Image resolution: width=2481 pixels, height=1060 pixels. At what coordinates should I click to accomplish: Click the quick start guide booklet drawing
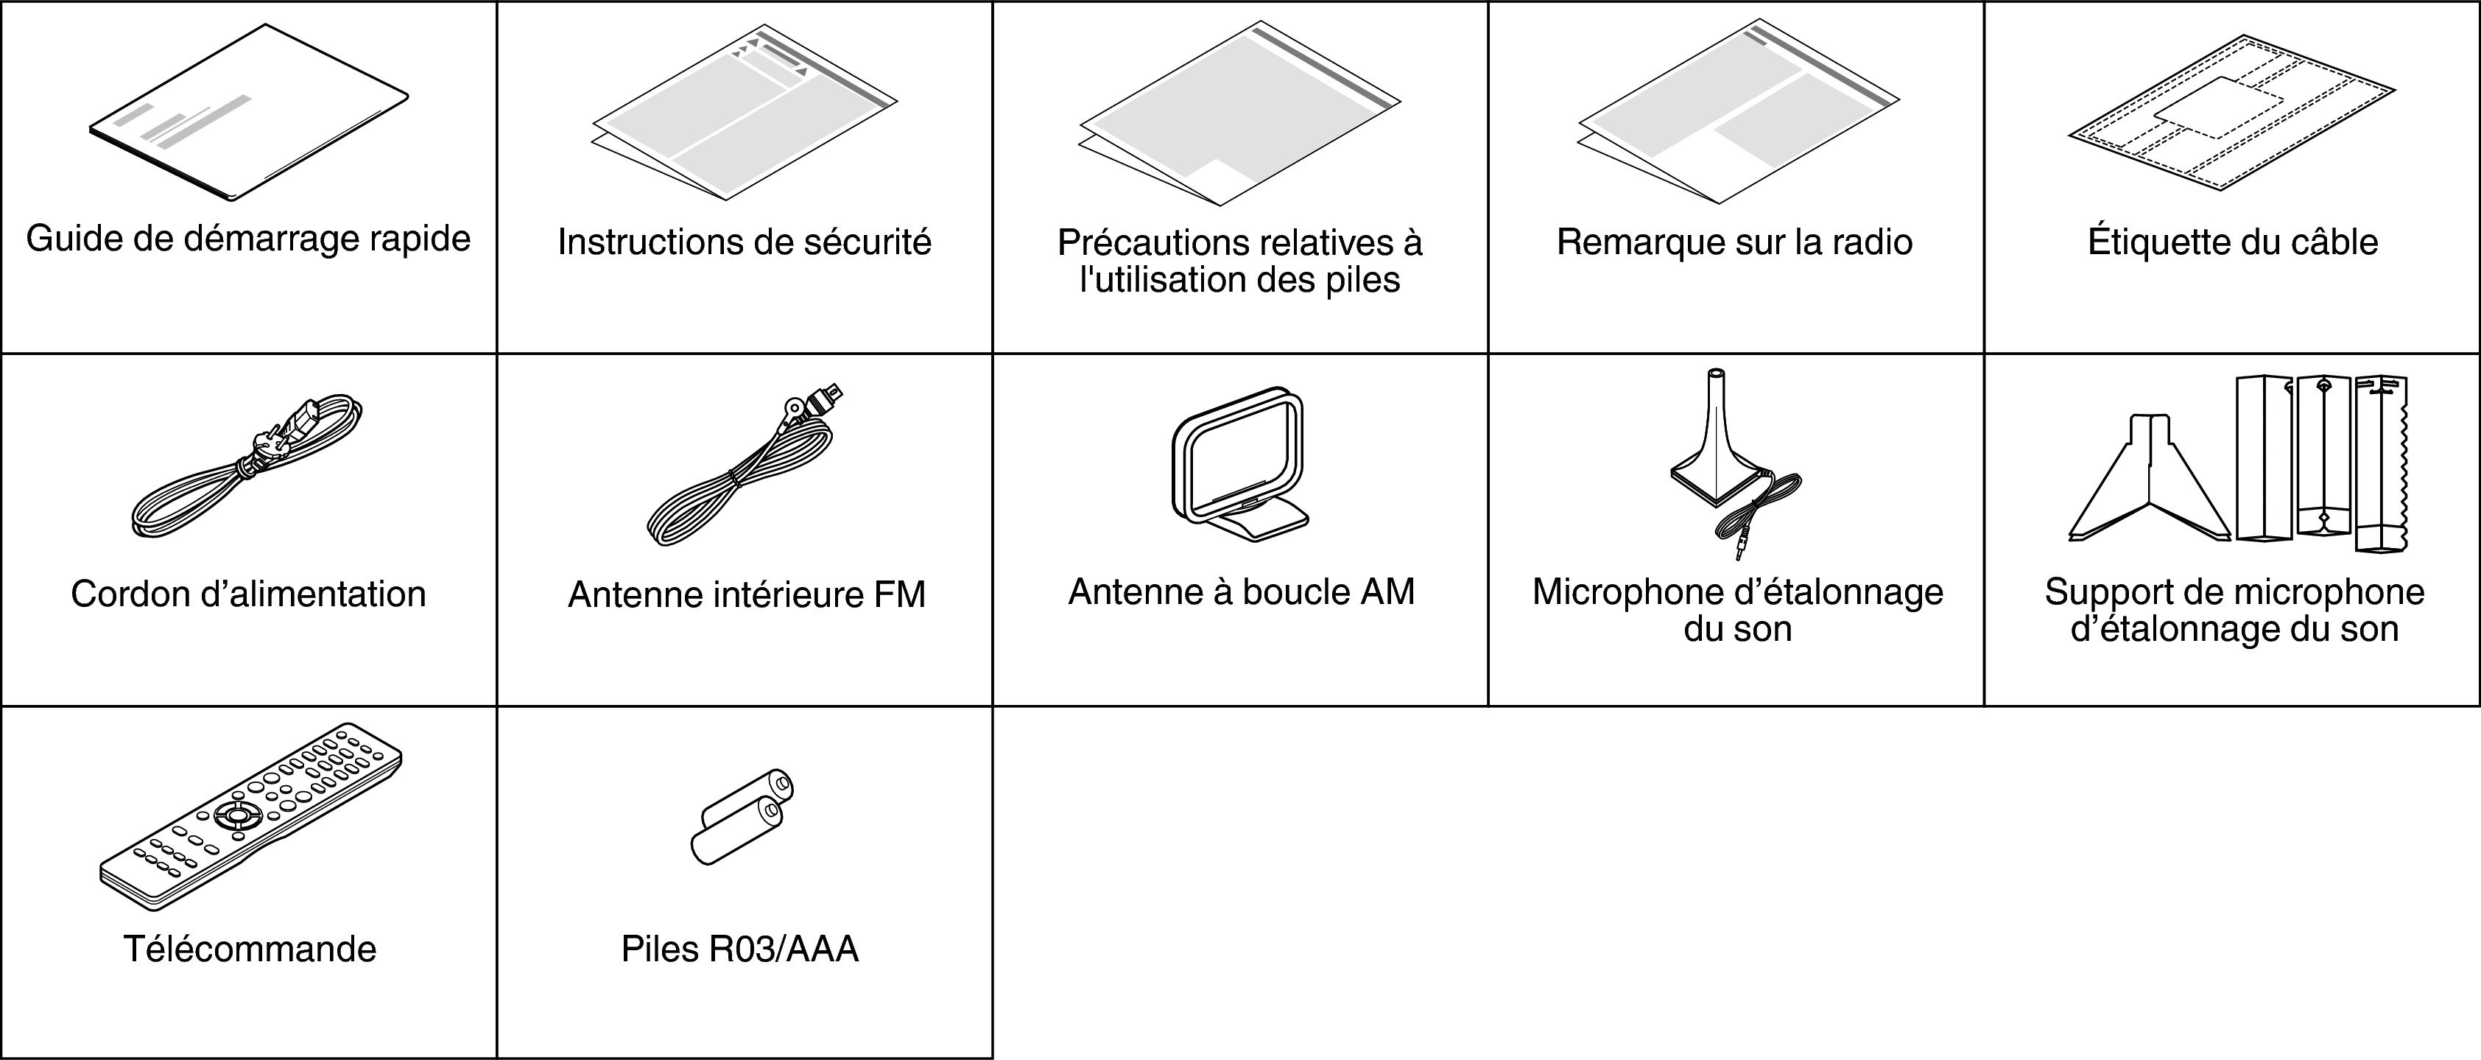coord(248,113)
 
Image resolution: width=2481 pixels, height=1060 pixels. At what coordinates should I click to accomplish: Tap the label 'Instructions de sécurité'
coord(745,242)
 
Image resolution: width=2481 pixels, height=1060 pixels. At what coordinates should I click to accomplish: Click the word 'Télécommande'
coord(250,950)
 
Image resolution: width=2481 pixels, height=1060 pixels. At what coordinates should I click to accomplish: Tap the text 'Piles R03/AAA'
coord(739,950)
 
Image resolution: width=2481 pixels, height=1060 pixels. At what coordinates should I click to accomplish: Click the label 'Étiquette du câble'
coord(2233,242)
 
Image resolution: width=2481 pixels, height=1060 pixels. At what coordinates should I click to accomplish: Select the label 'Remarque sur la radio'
coord(1734,242)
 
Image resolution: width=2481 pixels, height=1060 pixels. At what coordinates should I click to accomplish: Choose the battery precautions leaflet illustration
coord(1239,113)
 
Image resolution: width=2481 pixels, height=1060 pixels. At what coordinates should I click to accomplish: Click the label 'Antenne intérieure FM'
coord(747,594)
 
